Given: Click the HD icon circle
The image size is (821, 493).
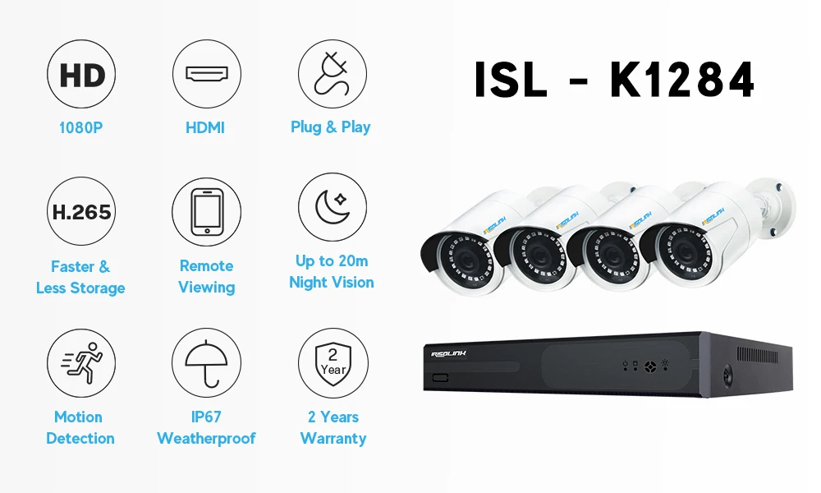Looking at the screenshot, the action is point(82,76).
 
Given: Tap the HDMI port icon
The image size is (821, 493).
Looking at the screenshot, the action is point(206,74).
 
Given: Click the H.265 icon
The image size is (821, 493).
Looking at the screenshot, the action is point(82,212).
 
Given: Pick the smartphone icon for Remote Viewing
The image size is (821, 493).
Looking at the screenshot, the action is point(206,212).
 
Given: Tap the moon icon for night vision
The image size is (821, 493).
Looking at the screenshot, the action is point(332,207).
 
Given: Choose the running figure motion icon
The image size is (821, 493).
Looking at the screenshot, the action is point(82,362).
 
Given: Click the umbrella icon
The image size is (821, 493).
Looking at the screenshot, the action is point(206,362).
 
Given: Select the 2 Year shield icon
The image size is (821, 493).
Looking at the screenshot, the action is point(333,362).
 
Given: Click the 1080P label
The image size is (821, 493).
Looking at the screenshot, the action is point(80,128).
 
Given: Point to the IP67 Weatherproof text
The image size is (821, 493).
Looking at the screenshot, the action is point(206,427).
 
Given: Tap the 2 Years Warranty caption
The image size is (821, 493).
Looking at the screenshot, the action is point(333,427).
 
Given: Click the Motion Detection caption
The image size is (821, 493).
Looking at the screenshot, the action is point(80,427).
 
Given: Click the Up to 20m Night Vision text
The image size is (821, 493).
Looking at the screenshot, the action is point(332,272).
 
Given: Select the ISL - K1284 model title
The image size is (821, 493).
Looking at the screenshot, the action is point(615,81).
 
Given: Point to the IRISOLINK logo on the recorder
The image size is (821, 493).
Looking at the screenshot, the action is point(449,354).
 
